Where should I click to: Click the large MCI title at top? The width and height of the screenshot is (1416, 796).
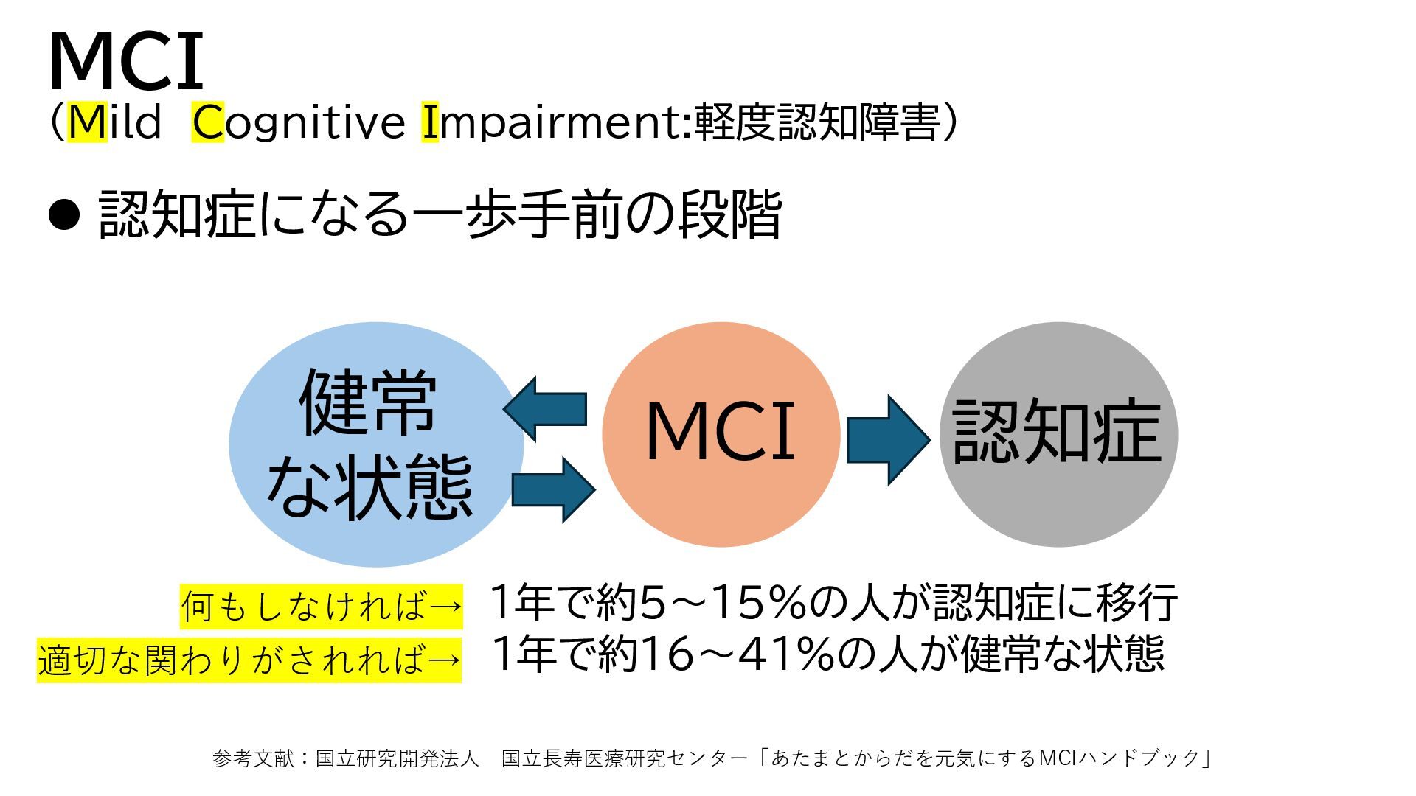[125, 62]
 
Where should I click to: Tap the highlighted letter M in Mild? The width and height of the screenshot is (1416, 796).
[88, 122]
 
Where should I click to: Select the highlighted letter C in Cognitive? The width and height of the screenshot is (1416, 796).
[208, 122]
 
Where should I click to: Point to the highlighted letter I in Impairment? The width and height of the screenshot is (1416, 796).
[430, 122]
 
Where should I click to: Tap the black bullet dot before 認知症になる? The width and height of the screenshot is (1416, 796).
[64, 214]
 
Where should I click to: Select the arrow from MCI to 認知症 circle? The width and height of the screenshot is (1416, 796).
[888, 440]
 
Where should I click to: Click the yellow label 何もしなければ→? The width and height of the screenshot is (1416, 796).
[322, 607]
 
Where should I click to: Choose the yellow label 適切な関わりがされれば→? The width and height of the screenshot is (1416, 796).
[249, 660]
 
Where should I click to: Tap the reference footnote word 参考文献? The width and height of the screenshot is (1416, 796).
[253, 758]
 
